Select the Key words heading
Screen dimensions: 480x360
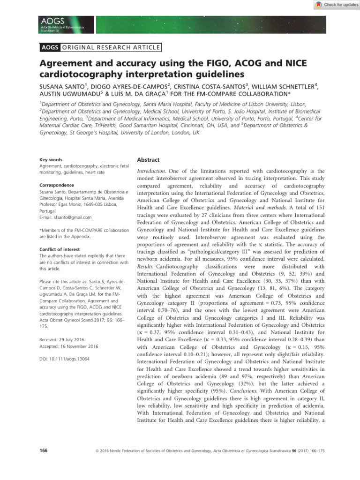click(51, 160)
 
